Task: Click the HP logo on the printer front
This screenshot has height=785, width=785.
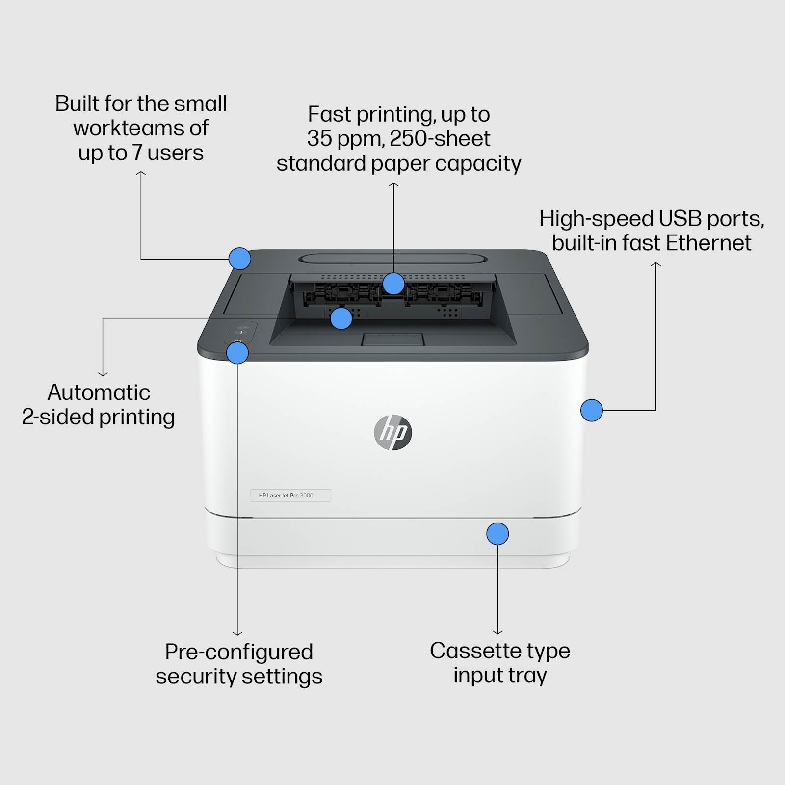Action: [392, 432]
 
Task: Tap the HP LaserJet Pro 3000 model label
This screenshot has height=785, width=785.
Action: [290, 496]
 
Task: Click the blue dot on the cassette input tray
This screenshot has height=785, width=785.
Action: [497, 534]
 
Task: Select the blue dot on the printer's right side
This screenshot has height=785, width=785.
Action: [592, 410]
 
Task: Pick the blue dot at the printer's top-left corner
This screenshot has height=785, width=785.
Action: [240, 259]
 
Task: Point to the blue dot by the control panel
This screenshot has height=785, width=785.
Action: [237, 353]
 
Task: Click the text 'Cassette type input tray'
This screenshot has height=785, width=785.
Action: [500, 663]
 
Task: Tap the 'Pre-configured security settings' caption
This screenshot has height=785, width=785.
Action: [239, 664]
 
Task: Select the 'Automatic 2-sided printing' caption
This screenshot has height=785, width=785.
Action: [99, 405]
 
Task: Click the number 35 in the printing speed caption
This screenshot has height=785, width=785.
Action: [319, 138]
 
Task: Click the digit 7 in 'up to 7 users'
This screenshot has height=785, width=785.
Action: [137, 153]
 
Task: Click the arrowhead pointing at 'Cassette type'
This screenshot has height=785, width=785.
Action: [497, 632]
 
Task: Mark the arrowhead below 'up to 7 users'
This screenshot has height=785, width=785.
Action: [141, 173]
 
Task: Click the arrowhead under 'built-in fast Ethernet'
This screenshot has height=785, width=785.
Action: [656, 264]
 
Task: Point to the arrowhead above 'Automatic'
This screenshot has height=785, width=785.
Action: [103, 374]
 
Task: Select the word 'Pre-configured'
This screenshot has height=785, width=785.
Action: [239, 652]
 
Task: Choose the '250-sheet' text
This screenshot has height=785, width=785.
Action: [440, 138]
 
